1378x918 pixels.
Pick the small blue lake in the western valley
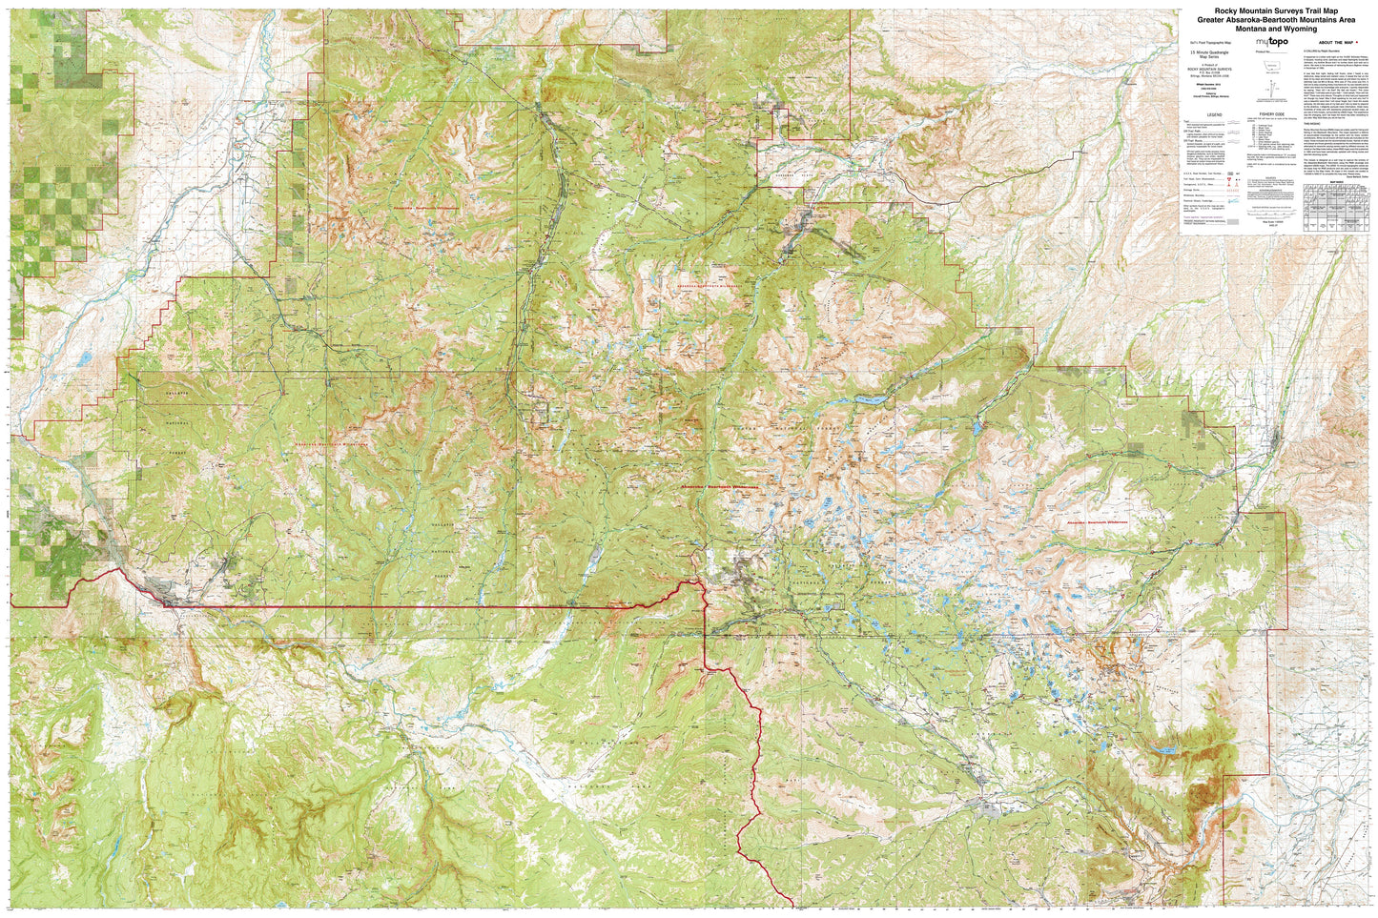[84, 359]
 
